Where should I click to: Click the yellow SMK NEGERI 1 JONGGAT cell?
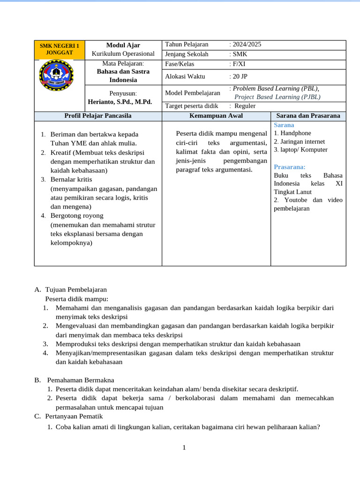click(x=59, y=49)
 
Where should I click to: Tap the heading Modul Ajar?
click(x=123, y=45)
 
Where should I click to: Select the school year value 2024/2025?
click(x=247, y=45)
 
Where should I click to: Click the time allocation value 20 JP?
click(x=240, y=76)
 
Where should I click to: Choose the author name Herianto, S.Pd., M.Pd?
click(x=120, y=102)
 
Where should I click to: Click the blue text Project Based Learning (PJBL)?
click(x=277, y=97)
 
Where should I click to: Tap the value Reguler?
click(x=245, y=106)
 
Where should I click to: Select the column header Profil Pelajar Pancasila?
click(x=97, y=115)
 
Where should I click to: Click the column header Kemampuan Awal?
click(x=216, y=115)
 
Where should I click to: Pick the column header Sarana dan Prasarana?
click(x=308, y=115)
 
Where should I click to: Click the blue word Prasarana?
click(x=289, y=167)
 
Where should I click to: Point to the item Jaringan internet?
click(x=302, y=142)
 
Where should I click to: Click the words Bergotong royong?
click(x=77, y=216)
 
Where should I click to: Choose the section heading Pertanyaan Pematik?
click(x=74, y=416)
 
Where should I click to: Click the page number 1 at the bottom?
click(x=184, y=448)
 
